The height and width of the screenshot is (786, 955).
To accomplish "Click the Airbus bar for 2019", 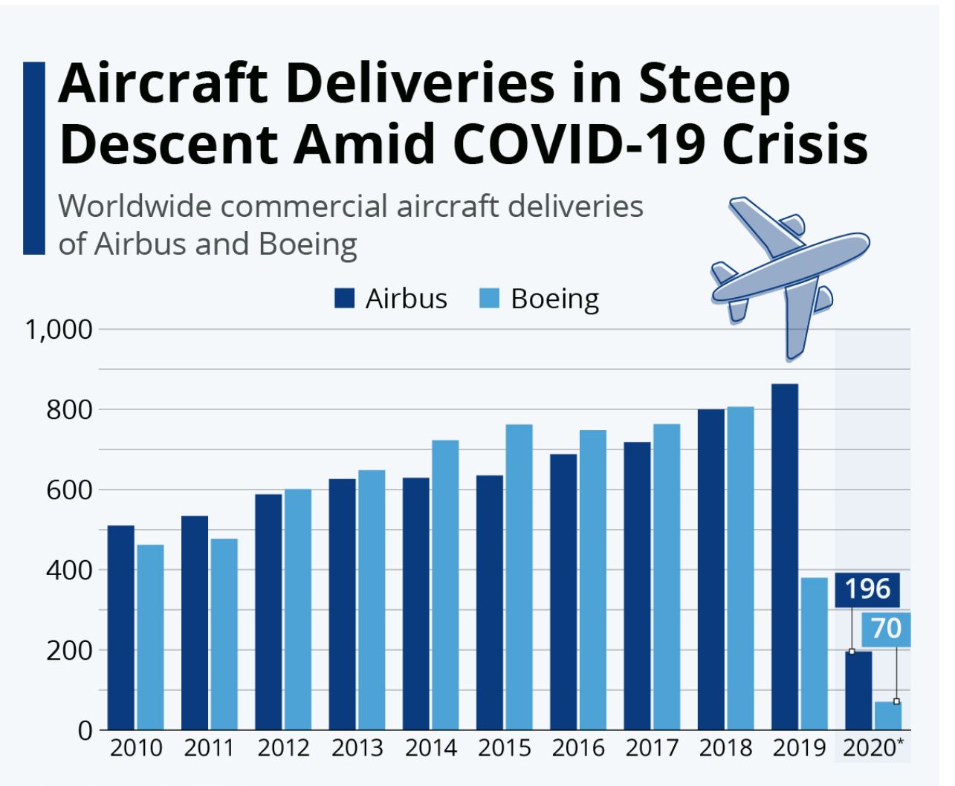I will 784,556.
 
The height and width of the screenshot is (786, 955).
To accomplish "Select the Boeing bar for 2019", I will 814,653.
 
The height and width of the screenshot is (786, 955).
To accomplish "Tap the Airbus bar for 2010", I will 121,627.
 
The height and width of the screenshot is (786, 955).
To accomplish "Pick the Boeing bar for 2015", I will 519,576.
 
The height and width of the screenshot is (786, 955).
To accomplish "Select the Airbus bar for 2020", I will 858,690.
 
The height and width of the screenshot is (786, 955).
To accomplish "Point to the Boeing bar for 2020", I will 887,715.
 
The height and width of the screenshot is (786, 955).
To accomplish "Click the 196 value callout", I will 867,589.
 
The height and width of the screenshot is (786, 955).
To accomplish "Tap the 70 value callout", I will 885,629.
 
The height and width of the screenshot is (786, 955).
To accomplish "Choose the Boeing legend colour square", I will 490,299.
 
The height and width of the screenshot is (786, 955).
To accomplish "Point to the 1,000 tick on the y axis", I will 59,328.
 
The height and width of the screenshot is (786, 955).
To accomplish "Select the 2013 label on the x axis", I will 357,747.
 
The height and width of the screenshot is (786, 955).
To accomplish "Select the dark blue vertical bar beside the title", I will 34,158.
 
